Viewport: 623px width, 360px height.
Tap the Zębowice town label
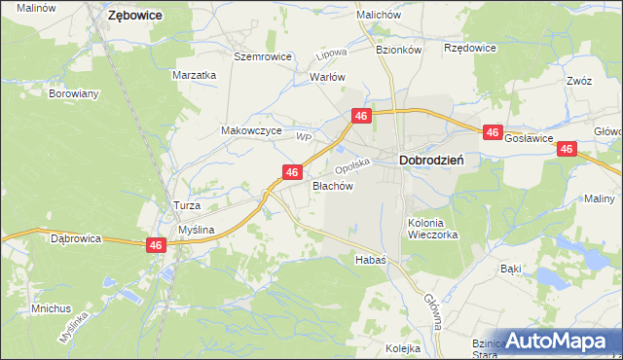134,16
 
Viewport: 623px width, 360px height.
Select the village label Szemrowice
263,56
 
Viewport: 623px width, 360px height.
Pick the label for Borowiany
75,94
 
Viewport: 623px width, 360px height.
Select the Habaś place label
371,260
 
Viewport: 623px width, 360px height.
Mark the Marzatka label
193,75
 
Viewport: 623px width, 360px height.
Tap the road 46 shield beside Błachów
291,171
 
